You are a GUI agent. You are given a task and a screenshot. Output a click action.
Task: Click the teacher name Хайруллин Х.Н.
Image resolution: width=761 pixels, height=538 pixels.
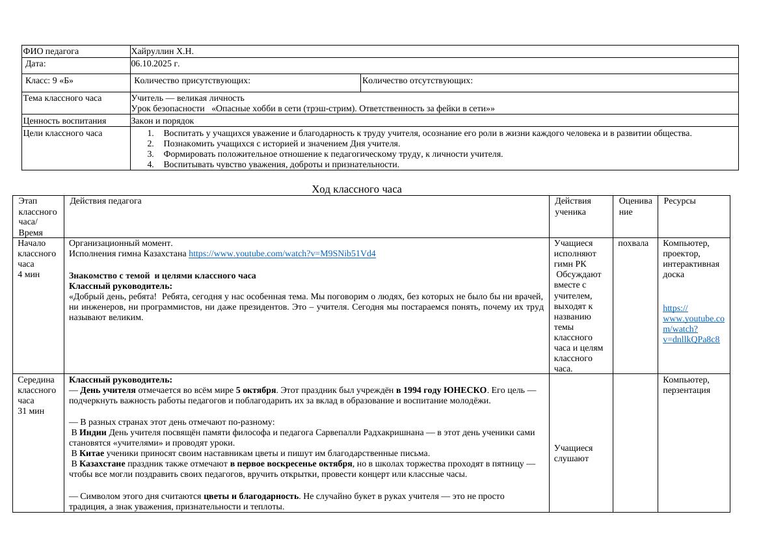coord(162,51)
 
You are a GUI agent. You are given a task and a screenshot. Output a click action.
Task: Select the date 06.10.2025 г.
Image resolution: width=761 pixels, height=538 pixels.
coord(155,64)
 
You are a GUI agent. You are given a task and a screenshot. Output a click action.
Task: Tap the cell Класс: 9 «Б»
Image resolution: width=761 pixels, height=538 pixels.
coord(49,81)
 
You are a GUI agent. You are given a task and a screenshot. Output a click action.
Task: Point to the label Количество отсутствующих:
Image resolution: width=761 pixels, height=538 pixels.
coord(417,81)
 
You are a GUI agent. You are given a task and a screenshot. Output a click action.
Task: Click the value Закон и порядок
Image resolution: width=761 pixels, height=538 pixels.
coord(163,120)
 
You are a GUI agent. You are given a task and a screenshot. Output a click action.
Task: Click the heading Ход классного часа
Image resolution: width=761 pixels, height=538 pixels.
coord(356,189)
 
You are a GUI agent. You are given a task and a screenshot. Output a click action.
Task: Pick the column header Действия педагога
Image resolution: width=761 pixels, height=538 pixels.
coord(105,201)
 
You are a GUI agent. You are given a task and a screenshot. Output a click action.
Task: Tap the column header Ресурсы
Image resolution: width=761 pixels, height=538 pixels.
coord(680,201)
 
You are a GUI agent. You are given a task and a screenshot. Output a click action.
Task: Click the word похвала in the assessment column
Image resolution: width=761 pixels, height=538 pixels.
coord(633,243)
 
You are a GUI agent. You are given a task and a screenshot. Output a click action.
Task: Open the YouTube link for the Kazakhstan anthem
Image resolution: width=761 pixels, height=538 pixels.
coord(286,253)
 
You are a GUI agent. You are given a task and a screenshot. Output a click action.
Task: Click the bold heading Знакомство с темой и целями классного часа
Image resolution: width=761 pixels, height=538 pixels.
coord(162,276)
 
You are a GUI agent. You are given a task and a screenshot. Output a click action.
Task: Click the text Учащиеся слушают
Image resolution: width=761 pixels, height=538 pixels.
coord(573,453)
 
